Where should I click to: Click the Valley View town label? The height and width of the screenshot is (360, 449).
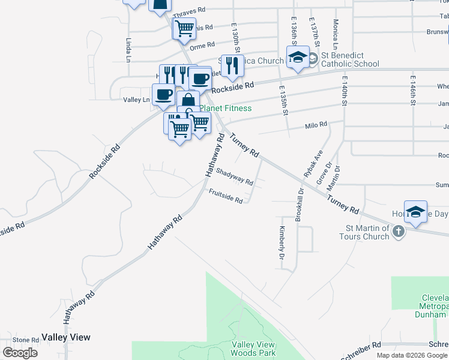click(66, 337)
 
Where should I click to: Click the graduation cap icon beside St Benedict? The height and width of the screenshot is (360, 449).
click(298, 58)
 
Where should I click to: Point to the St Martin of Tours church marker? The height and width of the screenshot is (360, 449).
click(397, 232)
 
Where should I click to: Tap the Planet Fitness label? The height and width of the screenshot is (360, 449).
click(225, 108)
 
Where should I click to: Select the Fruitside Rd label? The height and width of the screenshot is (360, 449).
click(226, 196)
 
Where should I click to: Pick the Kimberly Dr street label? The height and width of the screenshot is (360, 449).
click(281, 242)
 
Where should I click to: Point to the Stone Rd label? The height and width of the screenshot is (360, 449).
click(26, 340)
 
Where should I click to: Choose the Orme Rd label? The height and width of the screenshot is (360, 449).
click(202, 46)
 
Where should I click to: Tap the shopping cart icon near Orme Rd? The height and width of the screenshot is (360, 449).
click(184, 28)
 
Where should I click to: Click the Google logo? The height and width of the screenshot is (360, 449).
click(20, 352)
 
